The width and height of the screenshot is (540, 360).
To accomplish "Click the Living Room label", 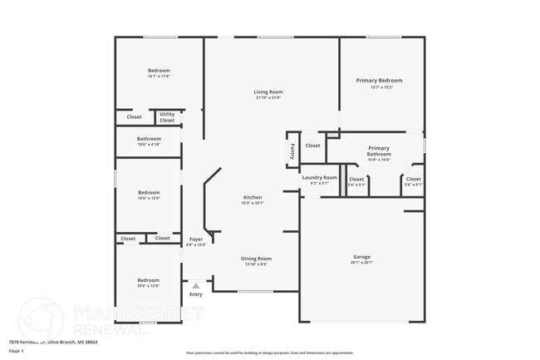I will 268,91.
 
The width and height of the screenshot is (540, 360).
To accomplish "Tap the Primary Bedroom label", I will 379,81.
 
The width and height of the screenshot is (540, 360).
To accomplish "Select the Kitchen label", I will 253,197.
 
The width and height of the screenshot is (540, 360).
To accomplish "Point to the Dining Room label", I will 256,259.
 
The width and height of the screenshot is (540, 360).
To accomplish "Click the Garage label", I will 361,257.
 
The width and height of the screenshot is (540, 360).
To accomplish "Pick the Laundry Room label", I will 319,177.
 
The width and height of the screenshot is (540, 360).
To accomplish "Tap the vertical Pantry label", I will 292,151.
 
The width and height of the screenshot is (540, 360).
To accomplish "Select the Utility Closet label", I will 167,117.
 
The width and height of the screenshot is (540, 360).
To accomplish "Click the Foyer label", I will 196,239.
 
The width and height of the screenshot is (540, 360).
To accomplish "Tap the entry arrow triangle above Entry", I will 196,285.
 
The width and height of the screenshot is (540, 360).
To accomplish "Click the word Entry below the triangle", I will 196,294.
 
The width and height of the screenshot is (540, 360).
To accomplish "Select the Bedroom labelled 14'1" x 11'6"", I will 159,71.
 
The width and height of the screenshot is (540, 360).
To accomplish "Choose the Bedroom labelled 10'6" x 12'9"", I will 148,280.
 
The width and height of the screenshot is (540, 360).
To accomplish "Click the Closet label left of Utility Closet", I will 134,117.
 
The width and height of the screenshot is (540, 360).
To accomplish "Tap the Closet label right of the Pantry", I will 312,145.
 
